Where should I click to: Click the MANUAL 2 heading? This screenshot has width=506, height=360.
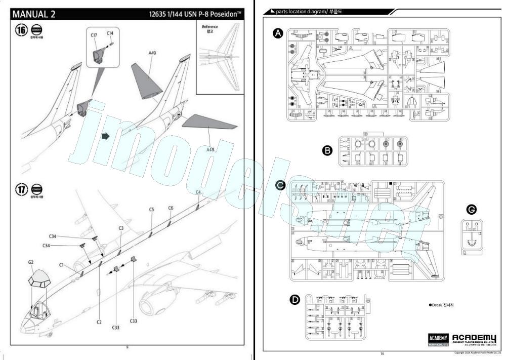coord(37,14)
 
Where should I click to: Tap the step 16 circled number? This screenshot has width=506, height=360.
coord(21,30)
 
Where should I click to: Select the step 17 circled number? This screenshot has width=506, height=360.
coord(21,190)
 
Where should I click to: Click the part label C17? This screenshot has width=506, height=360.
coord(94,35)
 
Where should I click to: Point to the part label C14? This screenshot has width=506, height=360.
coord(110,33)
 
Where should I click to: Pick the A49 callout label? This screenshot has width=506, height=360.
coord(153,53)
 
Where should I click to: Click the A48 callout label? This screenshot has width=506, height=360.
coord(210,149)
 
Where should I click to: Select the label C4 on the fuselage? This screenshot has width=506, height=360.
coord(199,192)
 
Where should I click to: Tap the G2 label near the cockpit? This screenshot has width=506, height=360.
coord(31,262)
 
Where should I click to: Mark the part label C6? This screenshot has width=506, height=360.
coord(171,208)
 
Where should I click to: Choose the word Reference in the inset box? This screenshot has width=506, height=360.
coord(209,26)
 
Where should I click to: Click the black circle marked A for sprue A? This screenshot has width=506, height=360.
coord(277,33)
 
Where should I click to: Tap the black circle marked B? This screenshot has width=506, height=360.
coord(327,150)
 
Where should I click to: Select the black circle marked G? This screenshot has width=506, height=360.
coord(472,210)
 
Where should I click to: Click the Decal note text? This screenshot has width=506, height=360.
coord(441,305)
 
